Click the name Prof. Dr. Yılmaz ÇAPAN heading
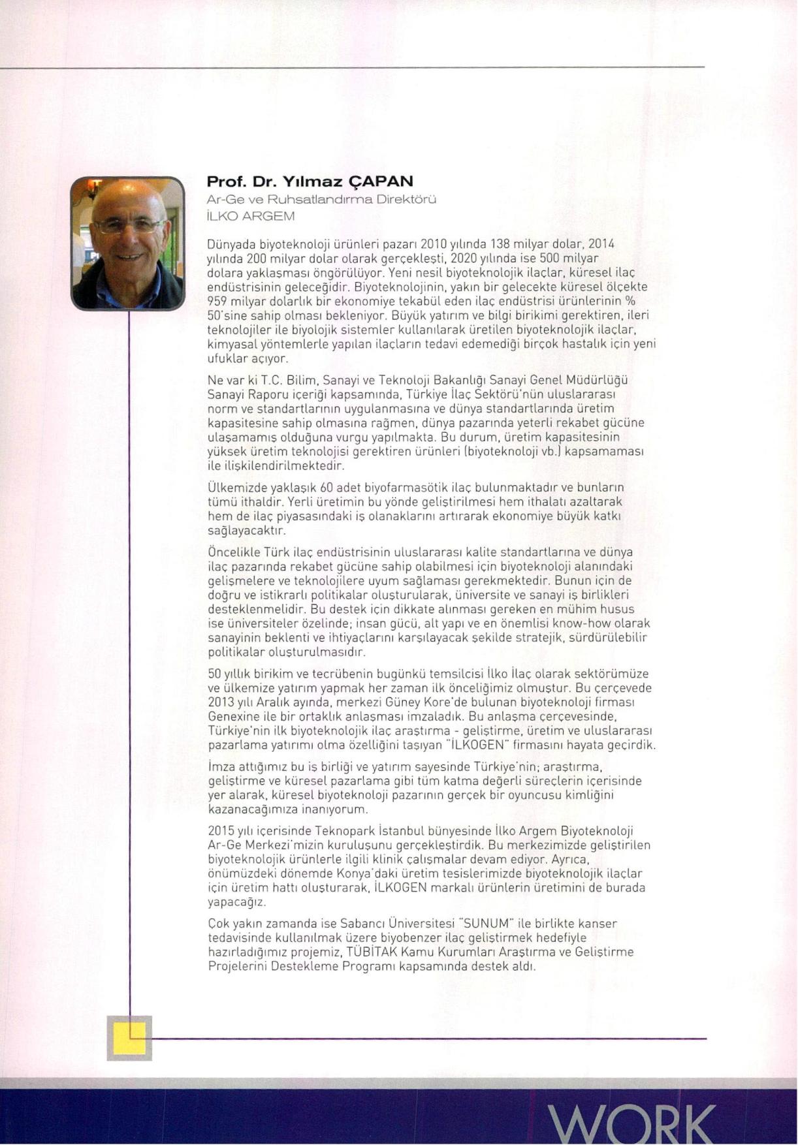coord(310,181)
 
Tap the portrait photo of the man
coord(128,243)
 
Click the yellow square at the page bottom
coord(129,1038)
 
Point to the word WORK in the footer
coord(631,1123)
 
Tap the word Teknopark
coord(338,831)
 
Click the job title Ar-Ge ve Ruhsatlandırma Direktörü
coord(321,199)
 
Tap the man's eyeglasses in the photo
coord(129,227)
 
